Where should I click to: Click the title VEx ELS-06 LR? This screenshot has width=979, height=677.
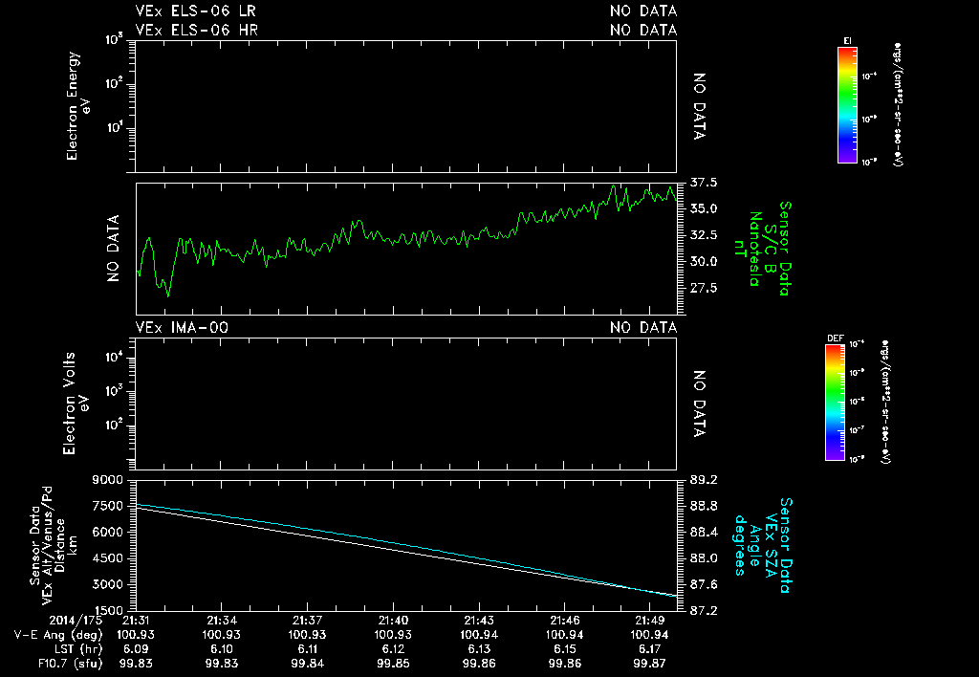196,11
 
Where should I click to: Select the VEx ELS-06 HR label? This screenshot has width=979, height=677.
196,30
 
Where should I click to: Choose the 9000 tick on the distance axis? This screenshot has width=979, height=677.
108,479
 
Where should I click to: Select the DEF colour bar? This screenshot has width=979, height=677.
835,403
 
